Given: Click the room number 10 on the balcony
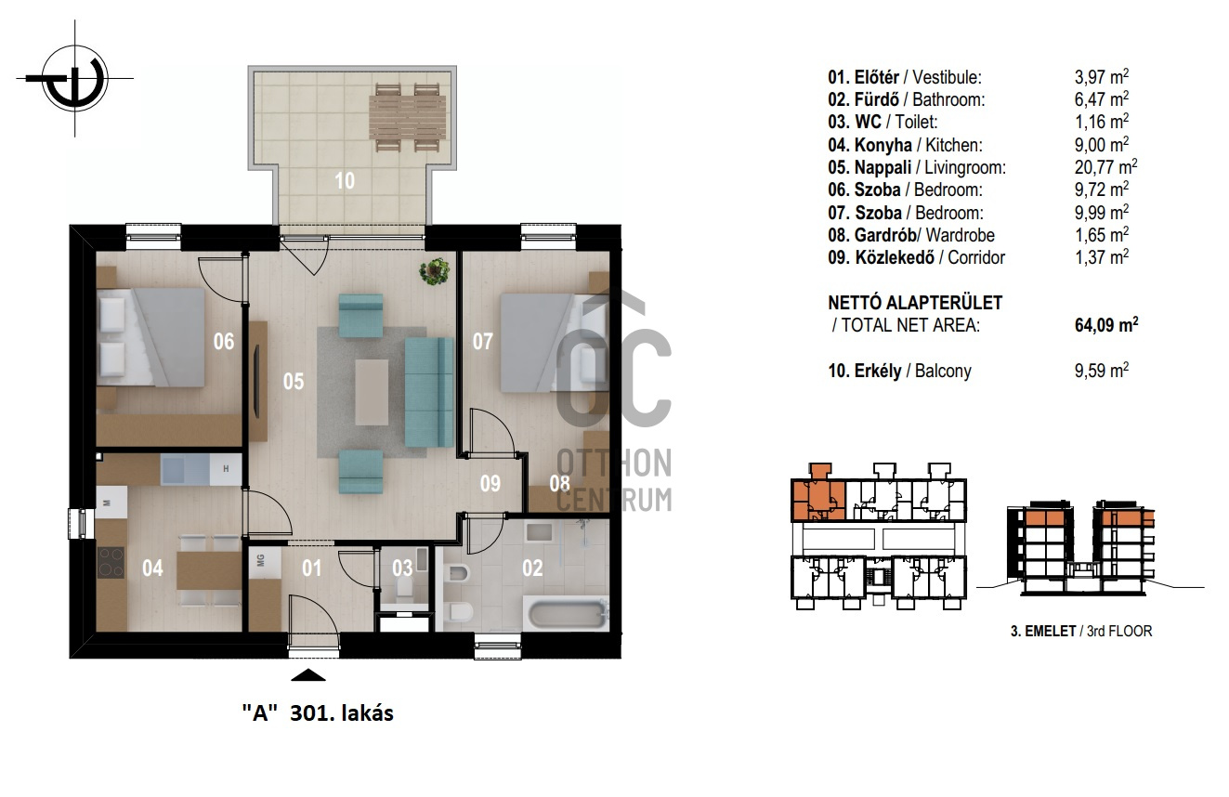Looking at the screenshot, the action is (345, 181).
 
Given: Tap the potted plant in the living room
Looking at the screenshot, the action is (435, 271).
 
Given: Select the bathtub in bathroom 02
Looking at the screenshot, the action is (569, 615).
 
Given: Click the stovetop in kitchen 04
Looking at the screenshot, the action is (111, 562).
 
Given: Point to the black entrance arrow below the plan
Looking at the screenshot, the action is (307, 675).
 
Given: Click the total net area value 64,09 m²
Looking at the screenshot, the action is (1106, 324).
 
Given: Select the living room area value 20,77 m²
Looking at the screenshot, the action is (1105, 167).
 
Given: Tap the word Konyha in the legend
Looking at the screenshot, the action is (883, 145).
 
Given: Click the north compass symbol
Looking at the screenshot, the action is (75, 78).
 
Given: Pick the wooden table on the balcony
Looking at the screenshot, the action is (407, 117).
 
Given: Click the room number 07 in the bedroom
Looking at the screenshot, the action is (483, 342).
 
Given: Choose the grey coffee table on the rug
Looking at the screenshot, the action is (372, 392).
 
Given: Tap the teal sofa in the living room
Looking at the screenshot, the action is (429, 392).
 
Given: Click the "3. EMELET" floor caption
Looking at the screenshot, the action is (1043, 632).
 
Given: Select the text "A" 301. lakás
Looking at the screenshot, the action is (318, 713).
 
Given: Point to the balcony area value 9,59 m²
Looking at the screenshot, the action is (1101, 371).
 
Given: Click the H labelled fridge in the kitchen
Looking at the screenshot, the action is (226, 469).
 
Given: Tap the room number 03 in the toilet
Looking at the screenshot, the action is (402, 568).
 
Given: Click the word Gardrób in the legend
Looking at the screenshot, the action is (885, 235).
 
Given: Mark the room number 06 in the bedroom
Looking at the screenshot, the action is (224, 342).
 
